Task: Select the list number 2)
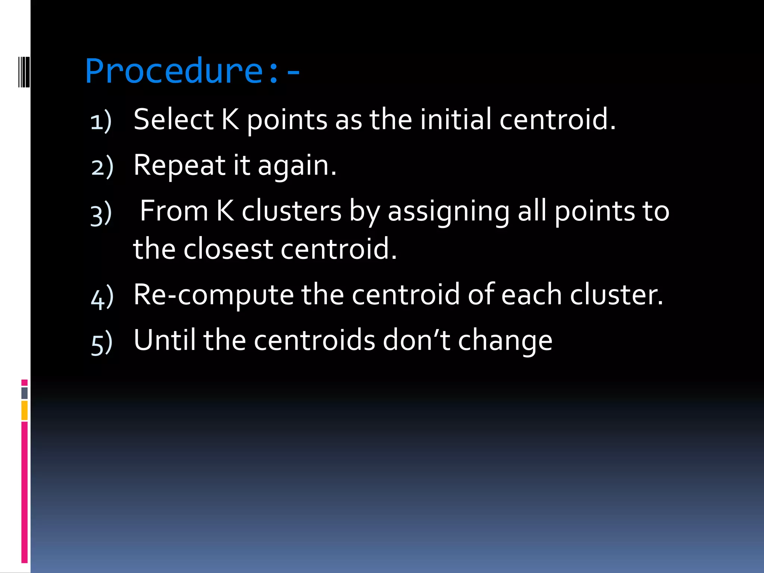[x=102, y=167]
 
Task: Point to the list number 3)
[x=101, y=214]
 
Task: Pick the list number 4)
[x=102, y=297]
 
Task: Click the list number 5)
[x=101, y=343]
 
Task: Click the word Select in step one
[x=173, y=119]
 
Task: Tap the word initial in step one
[x=455, y=119]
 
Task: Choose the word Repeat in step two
[x=179, y=165]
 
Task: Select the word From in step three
[x=174, y=211]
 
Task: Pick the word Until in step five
[x=165, y=340]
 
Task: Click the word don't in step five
[x=416, y=340]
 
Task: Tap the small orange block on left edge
[x=24, y=410]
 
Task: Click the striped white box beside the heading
[x=24, y=72]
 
